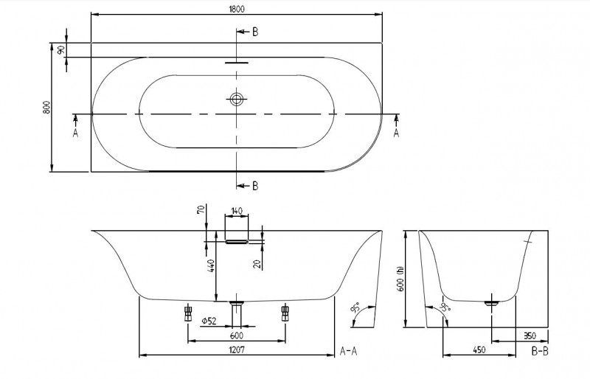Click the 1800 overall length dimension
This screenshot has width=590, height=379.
[x=236, y=9]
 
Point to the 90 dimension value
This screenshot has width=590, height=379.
[x=60, y=50]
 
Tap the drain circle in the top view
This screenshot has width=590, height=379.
[x=237, y=99]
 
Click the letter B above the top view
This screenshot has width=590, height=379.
[x=255, y=32]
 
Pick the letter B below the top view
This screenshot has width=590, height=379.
[x=255, y=185]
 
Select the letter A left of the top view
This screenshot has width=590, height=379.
[x=74, y=133]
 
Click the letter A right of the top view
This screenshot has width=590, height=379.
[x=398, y=133]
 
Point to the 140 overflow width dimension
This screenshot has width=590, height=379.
[x=237, y=211]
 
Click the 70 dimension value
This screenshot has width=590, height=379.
[x=200, y=211]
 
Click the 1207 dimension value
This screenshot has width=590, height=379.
[x=237, y=350]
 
